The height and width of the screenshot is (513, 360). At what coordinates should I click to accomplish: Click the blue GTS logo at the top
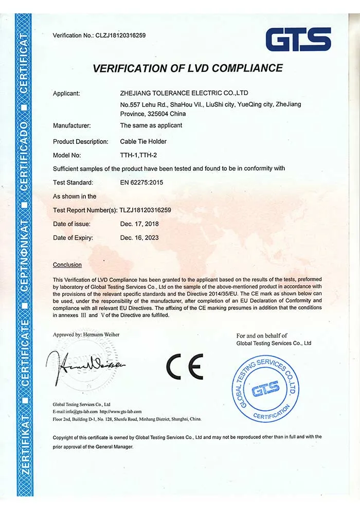298,39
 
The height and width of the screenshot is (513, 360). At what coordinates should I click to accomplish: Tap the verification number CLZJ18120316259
120,35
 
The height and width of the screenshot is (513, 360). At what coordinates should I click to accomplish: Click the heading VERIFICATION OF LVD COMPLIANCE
188,68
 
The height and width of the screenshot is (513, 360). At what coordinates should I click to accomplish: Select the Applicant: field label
66,94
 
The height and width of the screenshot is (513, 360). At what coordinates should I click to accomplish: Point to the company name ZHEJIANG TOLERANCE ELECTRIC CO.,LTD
184,94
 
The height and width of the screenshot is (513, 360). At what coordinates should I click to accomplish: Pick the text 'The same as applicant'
151,125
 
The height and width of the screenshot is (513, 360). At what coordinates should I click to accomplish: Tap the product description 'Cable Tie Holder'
143,141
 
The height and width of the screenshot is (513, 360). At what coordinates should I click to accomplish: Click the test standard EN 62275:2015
145,182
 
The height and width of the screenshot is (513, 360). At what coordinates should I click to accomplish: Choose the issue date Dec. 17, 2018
139,224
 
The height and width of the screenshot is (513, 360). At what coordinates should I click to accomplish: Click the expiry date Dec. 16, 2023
139,237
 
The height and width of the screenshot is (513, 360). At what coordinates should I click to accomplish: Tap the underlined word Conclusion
67,265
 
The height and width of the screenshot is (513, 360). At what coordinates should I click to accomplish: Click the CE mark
185,367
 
